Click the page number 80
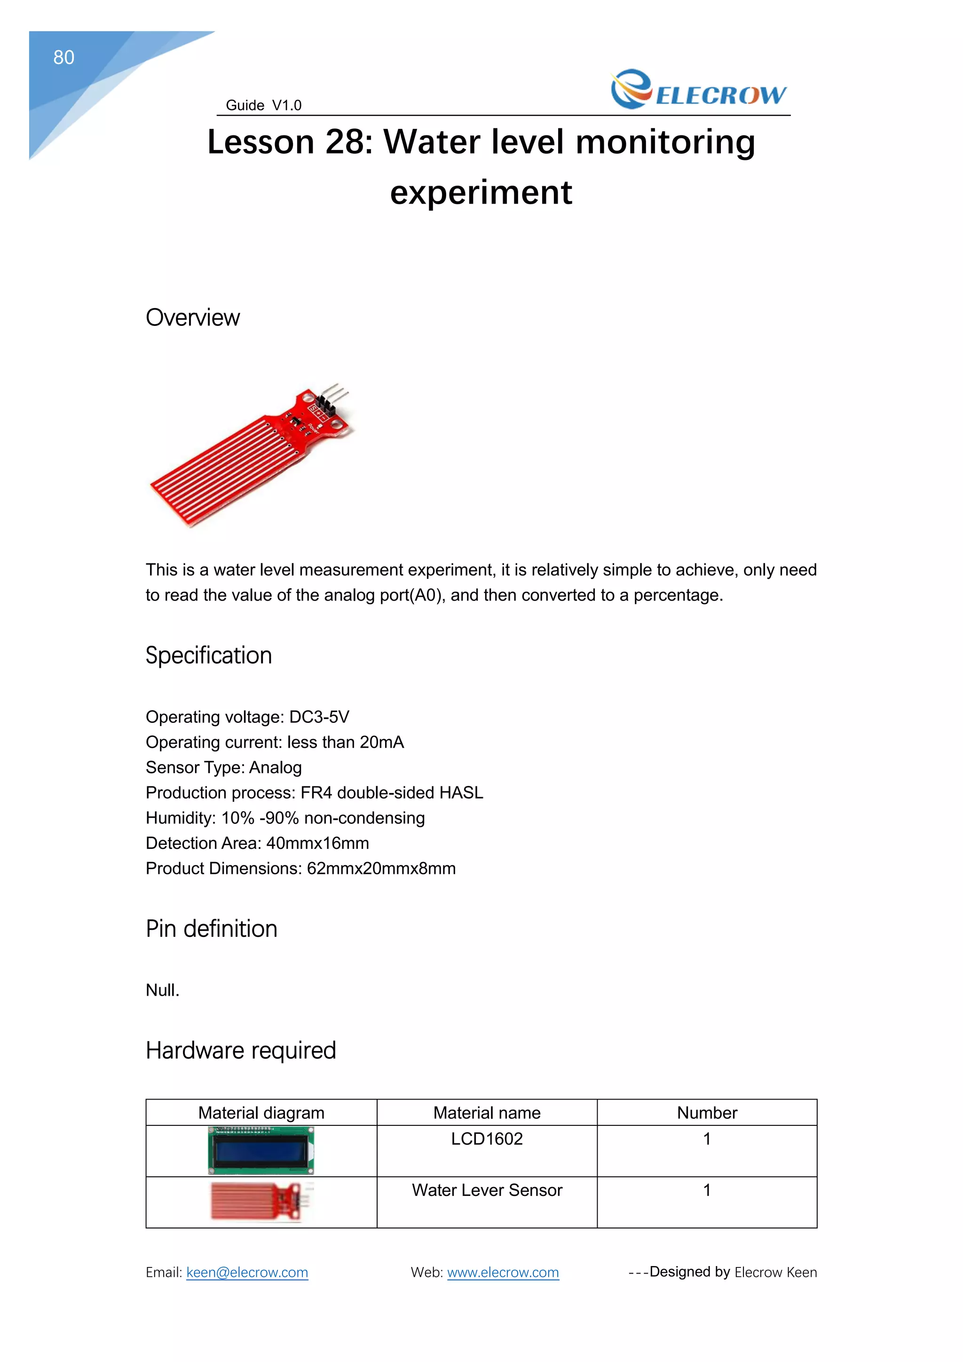pos(63,57)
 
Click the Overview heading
pos(193,317)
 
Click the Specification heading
pos(209,656)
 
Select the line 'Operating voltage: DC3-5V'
pos(247,717)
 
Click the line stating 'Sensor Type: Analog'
pos(223,767)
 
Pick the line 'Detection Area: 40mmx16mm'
pos(257,843)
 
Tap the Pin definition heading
pos(212,929)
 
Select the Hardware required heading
pos(241,1051)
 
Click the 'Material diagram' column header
pos(261,1113)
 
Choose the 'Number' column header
pos(707,1113)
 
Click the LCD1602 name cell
pos(487,1139)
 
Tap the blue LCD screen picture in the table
pos(261,1151)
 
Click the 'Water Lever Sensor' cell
pos(487,1190)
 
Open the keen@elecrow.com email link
pos(247,1273)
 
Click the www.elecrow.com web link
pos(503,1273)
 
